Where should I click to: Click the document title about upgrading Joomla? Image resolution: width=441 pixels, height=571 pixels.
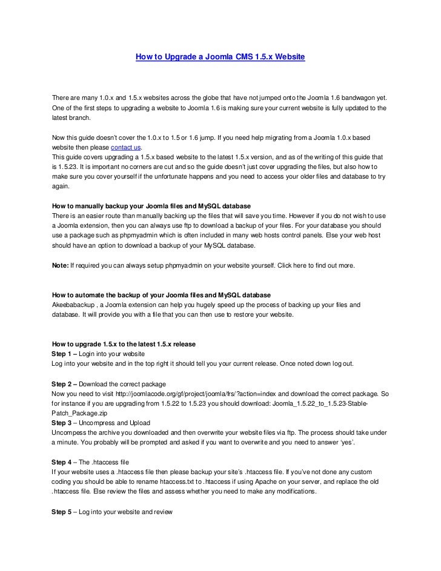click(220, 58)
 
